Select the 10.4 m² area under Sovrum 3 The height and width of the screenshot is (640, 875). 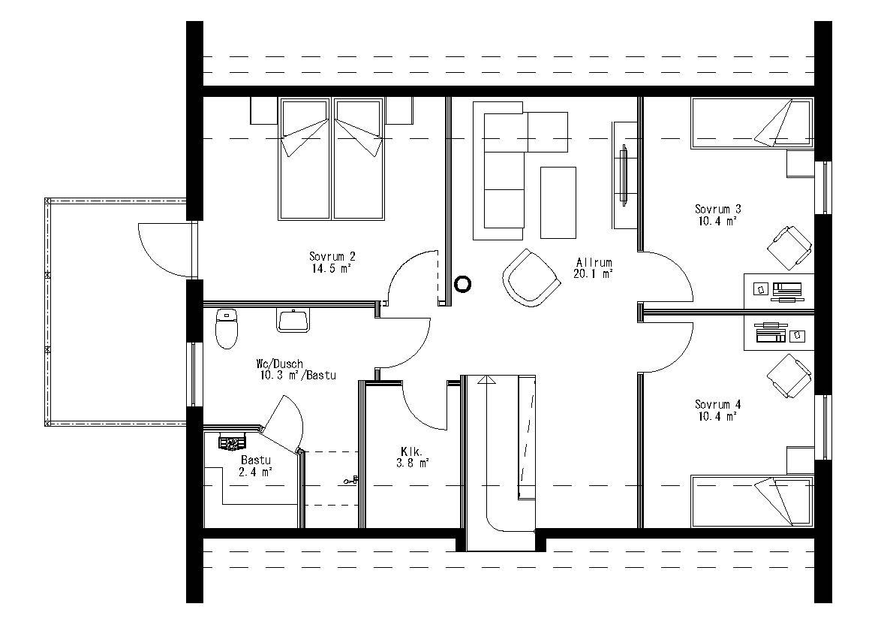(717, 221)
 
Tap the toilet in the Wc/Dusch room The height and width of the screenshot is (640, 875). (226, 329)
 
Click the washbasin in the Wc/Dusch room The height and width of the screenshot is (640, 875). (293, 321)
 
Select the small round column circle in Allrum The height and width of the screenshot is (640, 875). (463, 283)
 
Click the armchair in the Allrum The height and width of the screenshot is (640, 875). (531, 277)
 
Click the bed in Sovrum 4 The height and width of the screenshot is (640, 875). (751, 500)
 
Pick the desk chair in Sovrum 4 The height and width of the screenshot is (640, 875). (789, 376)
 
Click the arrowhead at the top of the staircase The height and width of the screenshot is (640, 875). (488, 380)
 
